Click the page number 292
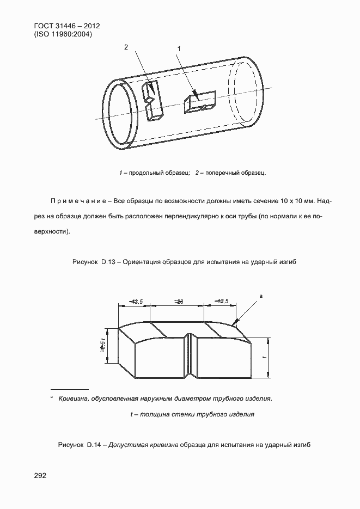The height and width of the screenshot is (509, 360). [x=40, y=475]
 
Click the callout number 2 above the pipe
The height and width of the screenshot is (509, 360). [x=126, y=47]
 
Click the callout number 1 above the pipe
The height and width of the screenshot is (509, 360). [x=179, y=49]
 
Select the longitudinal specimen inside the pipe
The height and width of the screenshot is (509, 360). [x=199, y=102]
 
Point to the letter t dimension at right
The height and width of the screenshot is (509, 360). [x=264, y=357]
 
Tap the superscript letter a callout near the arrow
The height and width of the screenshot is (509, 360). [x=261, y=296]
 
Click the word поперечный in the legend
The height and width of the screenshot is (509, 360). [x=221, y=173]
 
